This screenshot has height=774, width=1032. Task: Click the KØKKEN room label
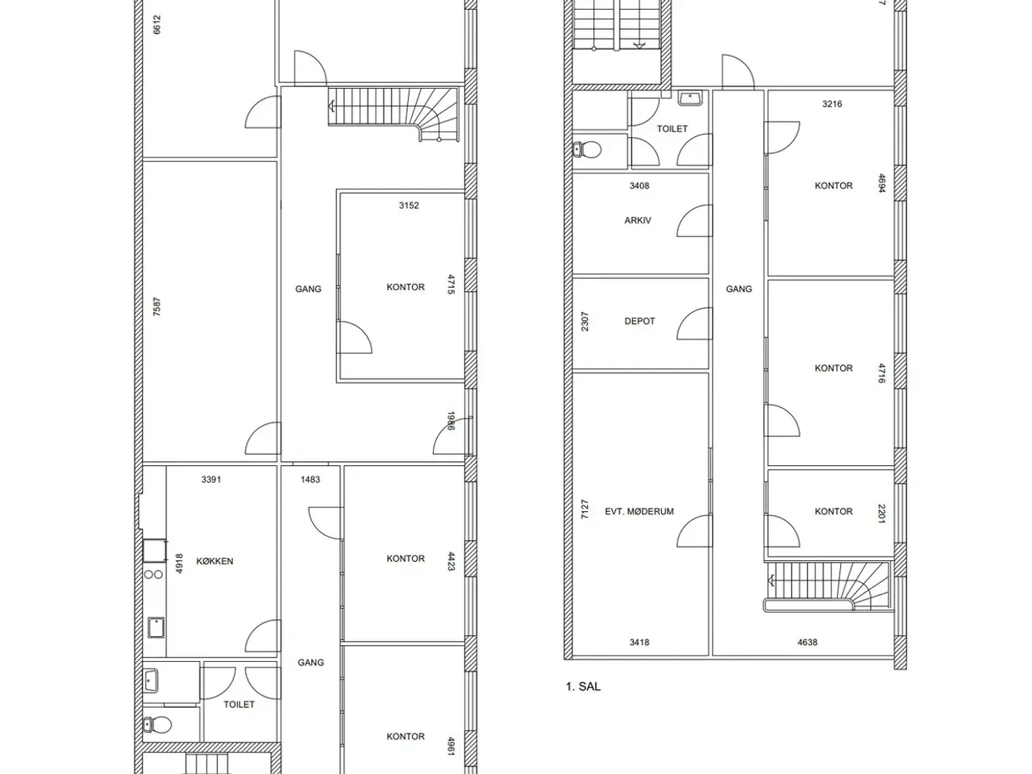[214, 561]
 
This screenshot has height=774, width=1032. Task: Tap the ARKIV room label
[638, 220]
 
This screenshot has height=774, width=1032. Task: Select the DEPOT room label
[639, 321]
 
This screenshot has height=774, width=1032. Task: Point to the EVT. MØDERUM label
[639, 511]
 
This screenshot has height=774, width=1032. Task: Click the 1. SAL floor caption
[583, 687]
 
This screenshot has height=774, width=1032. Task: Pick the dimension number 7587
[157, 307]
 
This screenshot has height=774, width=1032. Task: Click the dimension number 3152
[409, 205]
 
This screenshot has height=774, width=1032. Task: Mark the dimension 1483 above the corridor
[310, 479]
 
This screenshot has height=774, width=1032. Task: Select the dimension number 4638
[807, 643]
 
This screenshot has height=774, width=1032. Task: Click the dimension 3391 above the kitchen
[211, 479]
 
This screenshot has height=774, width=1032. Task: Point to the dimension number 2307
[585, 321]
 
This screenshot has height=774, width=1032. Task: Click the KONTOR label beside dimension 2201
[834, 511]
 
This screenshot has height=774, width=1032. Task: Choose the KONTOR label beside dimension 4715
[406, 287]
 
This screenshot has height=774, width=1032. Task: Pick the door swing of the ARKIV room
[693, 222]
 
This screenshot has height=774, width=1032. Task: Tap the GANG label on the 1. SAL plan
[739, 289]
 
